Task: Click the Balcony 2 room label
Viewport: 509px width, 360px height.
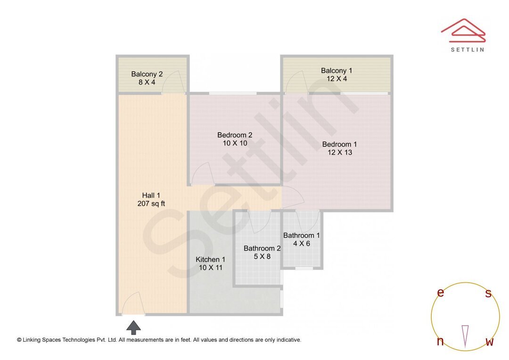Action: [147, 74]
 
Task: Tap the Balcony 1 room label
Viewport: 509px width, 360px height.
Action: [337, 71]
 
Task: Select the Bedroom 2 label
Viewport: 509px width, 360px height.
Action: [235, 135]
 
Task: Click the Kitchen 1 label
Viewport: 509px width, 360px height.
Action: [210, 260]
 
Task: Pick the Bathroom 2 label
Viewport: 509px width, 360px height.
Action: [262, 248]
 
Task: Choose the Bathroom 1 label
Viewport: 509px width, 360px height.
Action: [302, 236]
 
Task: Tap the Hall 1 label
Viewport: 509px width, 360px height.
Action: [151, 195]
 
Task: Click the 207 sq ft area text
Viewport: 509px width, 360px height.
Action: [151, 204]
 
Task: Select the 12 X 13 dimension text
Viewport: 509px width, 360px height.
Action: [340, 153]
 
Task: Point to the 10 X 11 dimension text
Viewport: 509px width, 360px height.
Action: [211, 268]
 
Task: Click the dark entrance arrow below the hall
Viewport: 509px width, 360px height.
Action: [133, 327]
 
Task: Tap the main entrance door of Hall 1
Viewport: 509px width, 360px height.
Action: [132, 304]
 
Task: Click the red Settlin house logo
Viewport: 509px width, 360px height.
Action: [463, 30]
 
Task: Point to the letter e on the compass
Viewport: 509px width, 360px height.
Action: [441, 293]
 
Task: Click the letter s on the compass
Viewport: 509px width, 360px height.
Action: [488, 294]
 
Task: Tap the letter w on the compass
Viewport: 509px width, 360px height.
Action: [490, 342]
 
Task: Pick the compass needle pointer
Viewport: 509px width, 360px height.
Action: [465, 336]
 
